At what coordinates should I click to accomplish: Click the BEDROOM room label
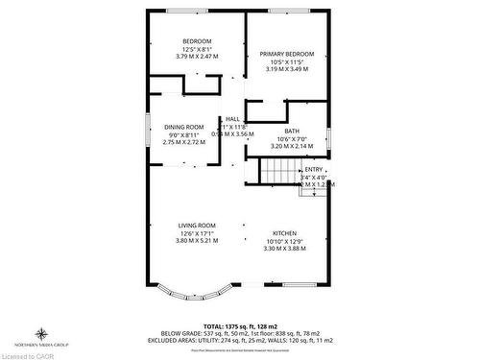[197, 41]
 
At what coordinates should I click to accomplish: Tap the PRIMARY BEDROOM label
[286, 55]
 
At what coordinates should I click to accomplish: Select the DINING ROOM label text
[183, 127]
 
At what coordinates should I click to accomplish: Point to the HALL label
[232, 119]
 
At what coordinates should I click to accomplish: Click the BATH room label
[291, 132]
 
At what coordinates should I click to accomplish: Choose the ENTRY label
[314, 168]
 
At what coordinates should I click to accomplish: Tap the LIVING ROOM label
[197, 226]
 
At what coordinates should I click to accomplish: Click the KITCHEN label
[285, 233]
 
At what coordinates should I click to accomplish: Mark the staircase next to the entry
[280, 172]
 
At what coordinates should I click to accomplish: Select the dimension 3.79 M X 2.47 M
[197, 57]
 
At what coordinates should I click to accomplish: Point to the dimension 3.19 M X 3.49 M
[286, 70]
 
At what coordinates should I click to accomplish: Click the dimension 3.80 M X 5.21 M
[197, 241]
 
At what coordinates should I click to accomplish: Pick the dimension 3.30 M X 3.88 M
[285, 249]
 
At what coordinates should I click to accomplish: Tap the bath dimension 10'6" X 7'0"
[291, 140]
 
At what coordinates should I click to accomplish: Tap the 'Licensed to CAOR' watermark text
[30, 353]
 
